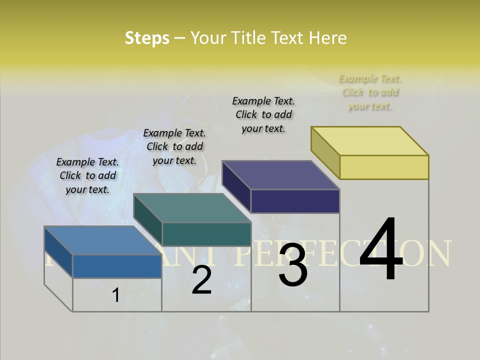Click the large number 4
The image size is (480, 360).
[x=381, y=250]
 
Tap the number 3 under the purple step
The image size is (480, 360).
[x=293, y=265]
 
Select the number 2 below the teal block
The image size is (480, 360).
[x=201, y=280]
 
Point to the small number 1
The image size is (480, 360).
[x=115, y=295]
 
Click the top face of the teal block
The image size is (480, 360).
[x=192, y=208]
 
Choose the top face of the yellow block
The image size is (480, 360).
[x=370, y=141]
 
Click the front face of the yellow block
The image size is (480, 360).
[x=384, y=167]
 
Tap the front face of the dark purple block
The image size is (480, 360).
[x=295, y=201]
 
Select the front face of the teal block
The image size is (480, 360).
[x=206, y=234]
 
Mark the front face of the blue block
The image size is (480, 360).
[x=117, y=266]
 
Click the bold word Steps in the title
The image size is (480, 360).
[x=147, y=38]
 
